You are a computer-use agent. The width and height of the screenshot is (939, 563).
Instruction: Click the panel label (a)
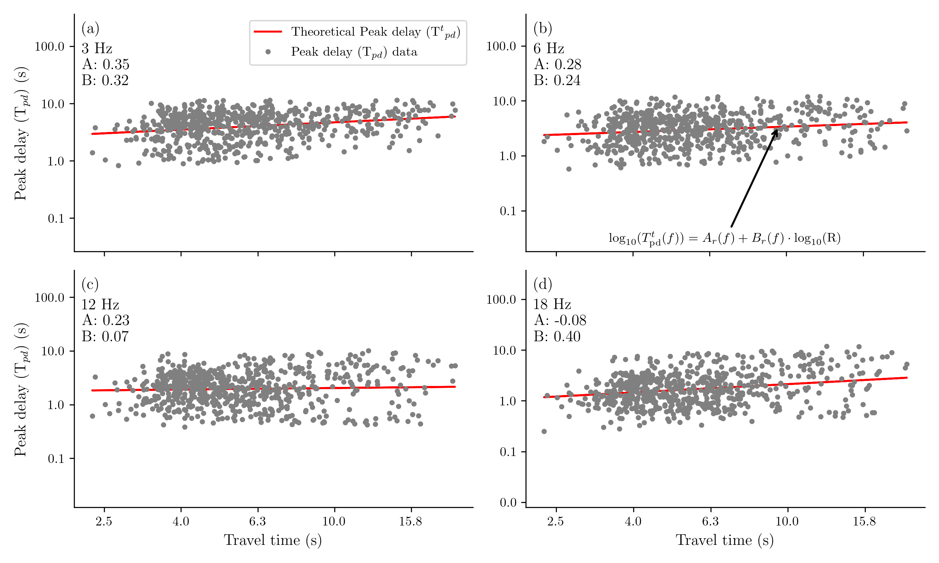pos(90,28)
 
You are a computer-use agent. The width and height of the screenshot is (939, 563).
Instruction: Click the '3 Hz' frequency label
pos(97,48)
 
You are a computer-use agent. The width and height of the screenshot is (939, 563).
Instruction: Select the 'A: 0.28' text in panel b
pos(557,64)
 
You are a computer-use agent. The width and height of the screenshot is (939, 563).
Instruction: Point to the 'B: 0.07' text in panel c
pos(105,337)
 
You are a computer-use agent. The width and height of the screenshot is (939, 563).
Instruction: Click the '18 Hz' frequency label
pos(552,304)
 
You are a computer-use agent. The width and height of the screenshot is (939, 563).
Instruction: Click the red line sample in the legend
pos(268,32)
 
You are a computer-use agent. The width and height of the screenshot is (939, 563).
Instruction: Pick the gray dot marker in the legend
pos(268,52)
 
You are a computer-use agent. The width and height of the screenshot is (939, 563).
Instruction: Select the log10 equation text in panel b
pos(724,238)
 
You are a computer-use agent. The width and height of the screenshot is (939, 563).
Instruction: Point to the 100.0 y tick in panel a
pos(49,46)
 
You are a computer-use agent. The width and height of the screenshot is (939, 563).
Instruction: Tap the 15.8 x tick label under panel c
pos(410,521)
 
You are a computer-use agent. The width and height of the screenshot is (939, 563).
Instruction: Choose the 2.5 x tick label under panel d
pos(556,521)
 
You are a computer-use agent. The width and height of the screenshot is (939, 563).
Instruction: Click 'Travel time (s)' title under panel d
pos(724,540)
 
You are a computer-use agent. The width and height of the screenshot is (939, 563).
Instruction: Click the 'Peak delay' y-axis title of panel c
pos(21,390)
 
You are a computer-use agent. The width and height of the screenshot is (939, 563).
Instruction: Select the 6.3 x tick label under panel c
pos(257,521)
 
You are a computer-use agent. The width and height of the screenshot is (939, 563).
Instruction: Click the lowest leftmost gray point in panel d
pos(544,431)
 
